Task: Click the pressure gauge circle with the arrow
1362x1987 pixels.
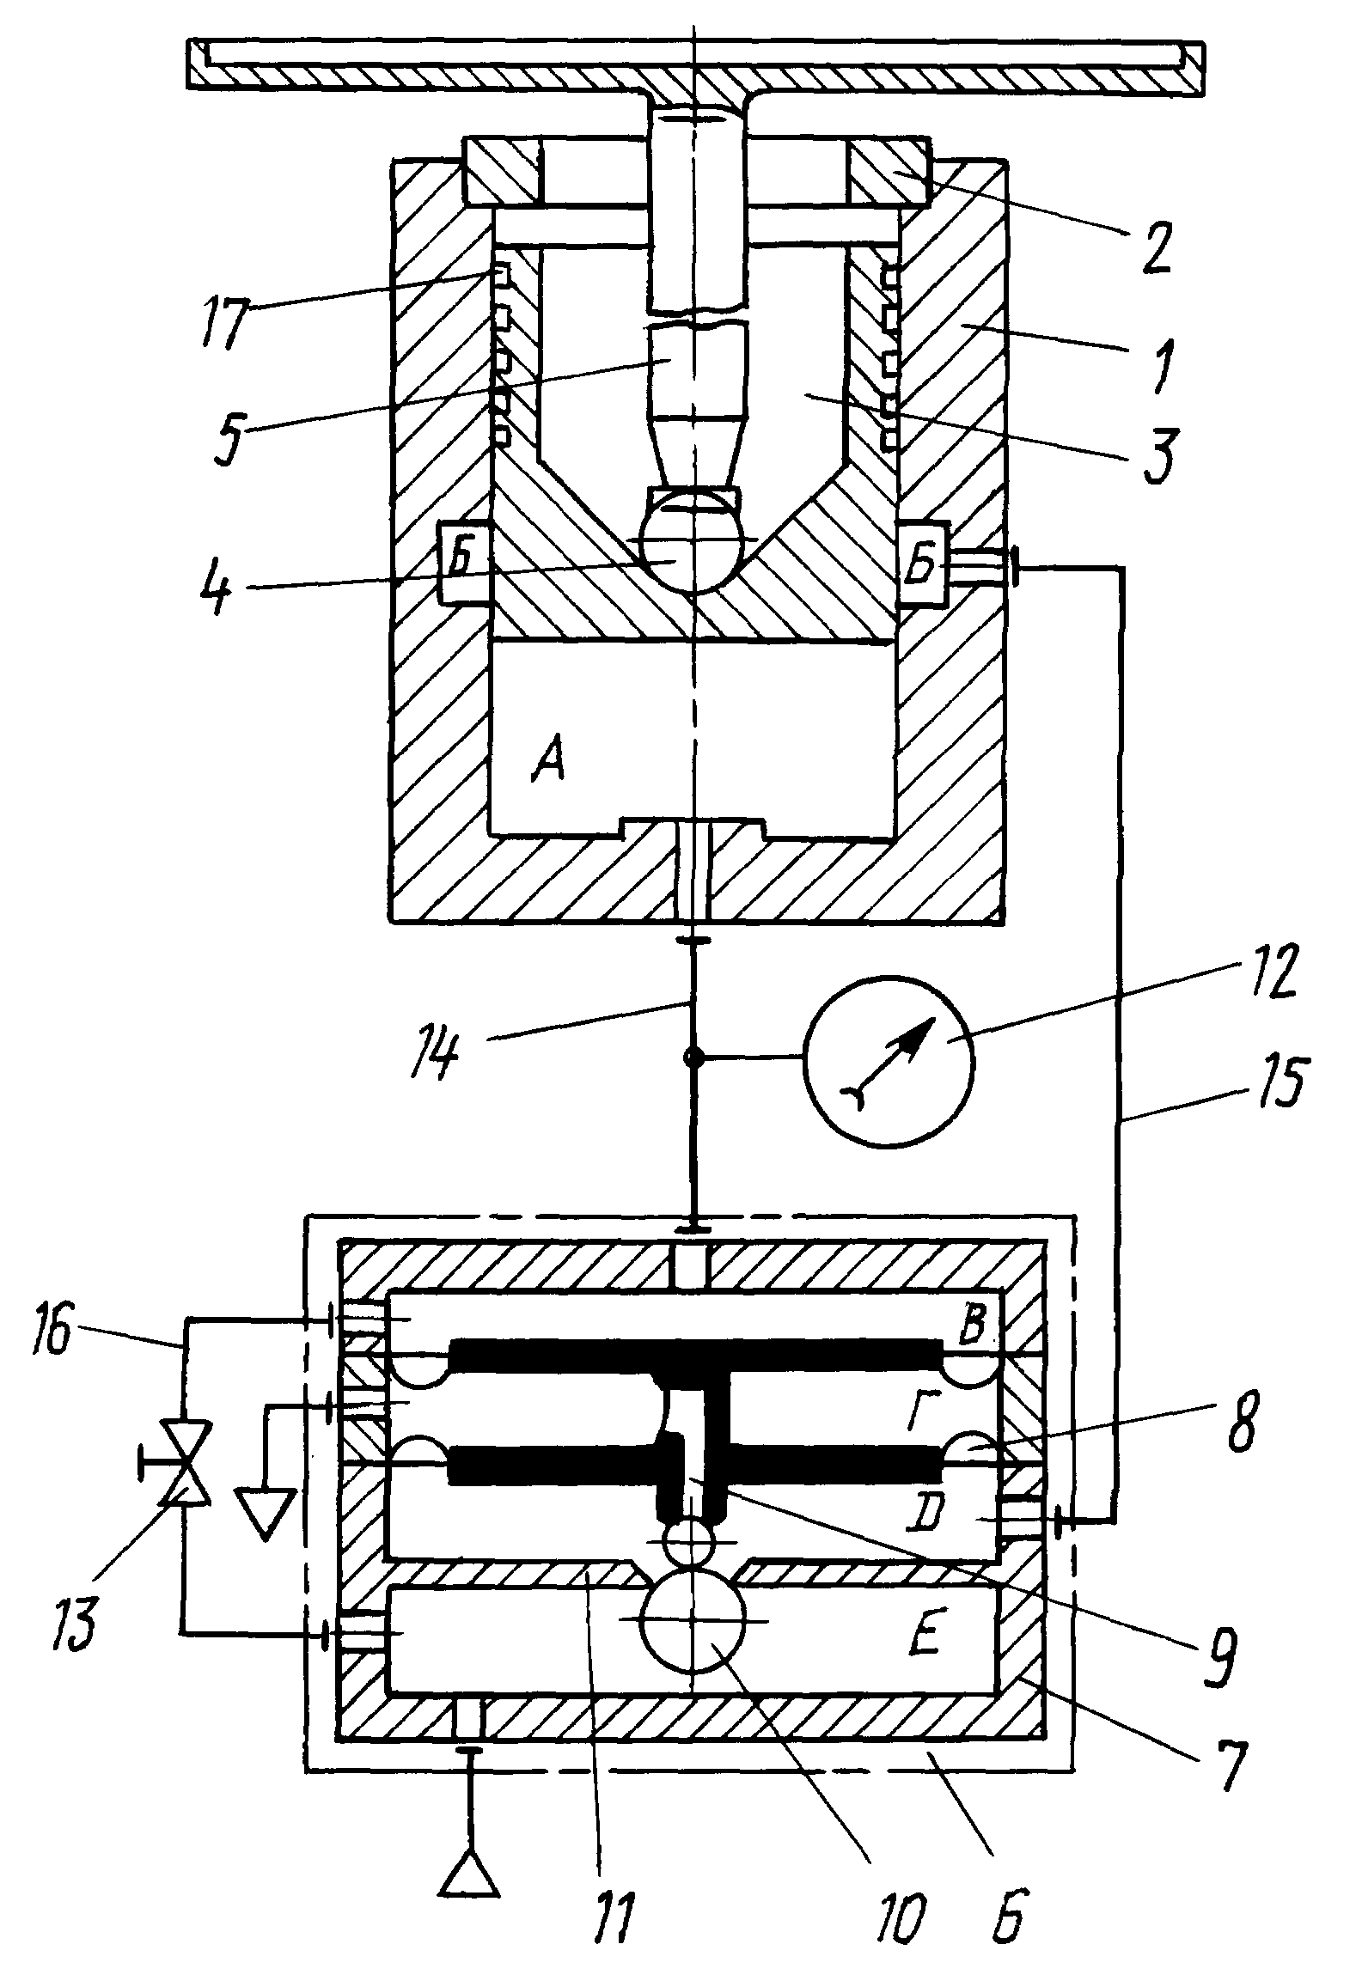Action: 889,1059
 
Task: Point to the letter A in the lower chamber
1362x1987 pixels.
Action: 547,763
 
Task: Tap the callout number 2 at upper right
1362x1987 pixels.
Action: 1156,247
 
